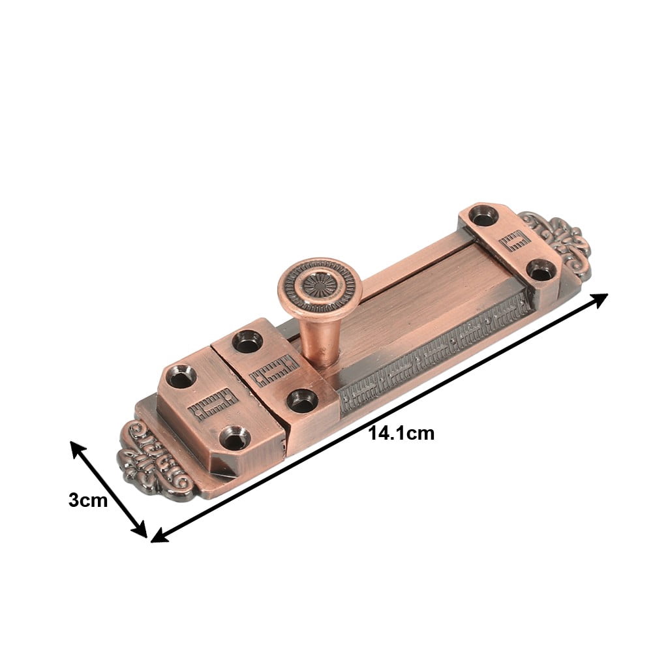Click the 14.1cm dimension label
click(401, 433)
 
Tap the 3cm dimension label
click(87, 500)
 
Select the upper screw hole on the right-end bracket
click(483, 215)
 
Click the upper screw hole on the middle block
click(247, 341)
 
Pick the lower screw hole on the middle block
click(302, 401)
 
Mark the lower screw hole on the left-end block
click(232, 437)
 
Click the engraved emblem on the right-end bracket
click(513, 240)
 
